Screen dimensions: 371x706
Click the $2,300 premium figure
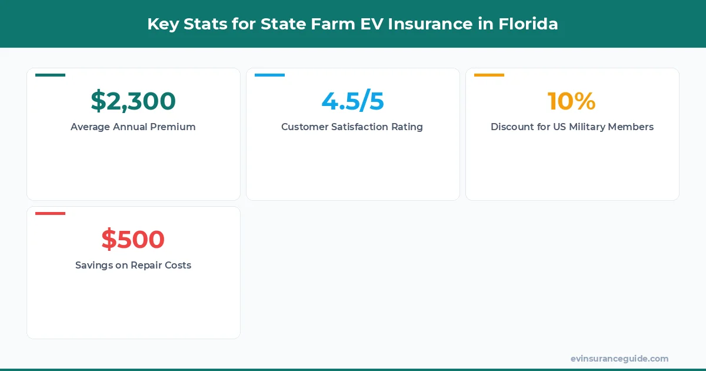133,101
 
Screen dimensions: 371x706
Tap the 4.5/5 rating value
352,101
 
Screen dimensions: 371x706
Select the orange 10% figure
572,101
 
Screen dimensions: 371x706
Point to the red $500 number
133,240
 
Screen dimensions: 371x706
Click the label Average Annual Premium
133,127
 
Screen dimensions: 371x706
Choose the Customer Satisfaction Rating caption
352,127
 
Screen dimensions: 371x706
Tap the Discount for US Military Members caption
572,127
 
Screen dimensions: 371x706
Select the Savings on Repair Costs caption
133,265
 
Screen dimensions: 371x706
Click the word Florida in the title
528,24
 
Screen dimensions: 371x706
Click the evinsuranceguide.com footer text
620,359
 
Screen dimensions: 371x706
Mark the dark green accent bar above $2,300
50,75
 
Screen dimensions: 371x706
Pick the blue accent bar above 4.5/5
269,75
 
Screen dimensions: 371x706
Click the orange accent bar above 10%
489,75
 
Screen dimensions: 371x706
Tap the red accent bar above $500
50,213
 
